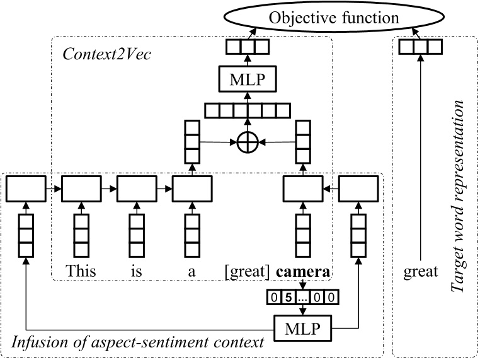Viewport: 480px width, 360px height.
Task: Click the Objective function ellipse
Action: coord(333,17)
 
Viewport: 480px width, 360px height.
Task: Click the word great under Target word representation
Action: coord(420,272)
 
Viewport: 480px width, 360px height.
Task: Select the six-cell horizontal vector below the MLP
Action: coord(247,111)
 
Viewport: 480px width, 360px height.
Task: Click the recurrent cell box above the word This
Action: coord(81,188)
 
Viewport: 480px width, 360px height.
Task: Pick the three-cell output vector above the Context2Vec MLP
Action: coord(247,47)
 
